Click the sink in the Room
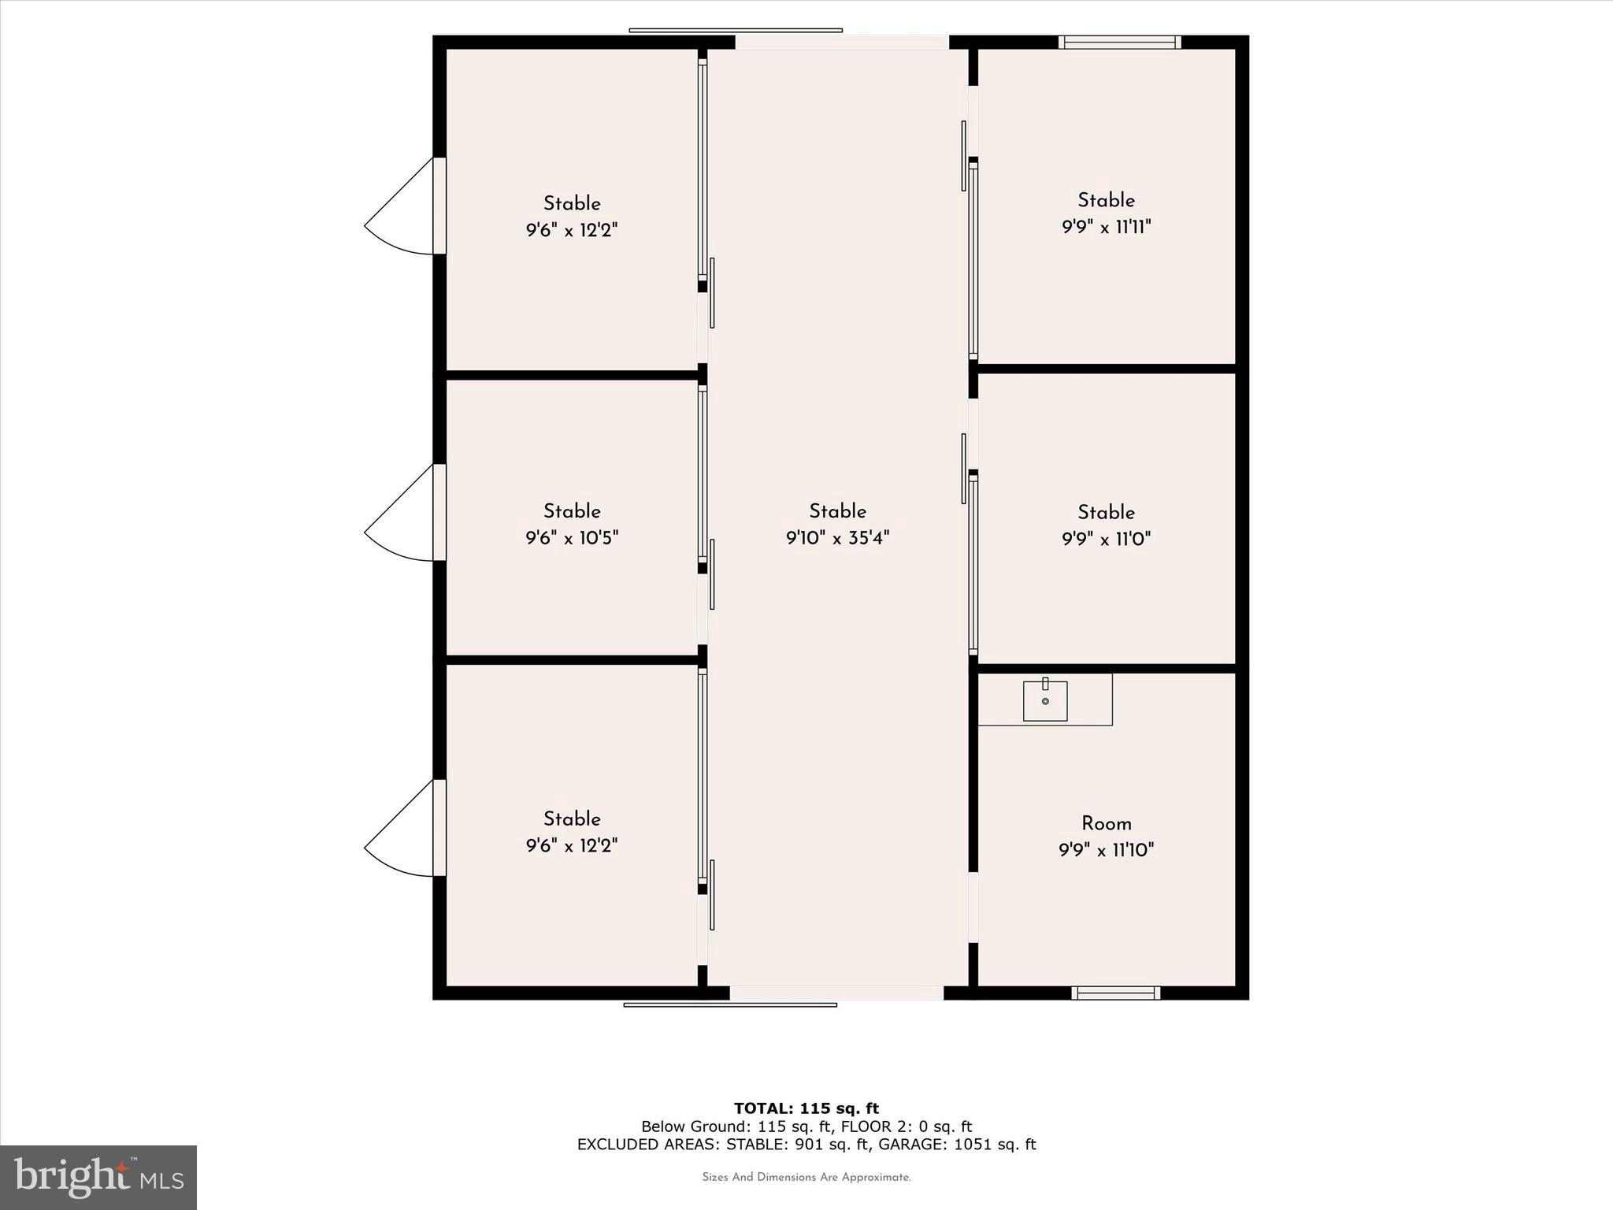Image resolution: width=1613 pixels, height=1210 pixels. click(x=1044, y=700)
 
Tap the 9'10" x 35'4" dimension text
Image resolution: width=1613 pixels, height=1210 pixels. click(x=837, y=538)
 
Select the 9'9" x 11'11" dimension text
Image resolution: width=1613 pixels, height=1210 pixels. click(x=1106, y=228)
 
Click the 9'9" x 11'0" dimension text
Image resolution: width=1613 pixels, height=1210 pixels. click(x=1106, y=540)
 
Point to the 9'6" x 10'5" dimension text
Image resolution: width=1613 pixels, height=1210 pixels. click(x=572, y=538)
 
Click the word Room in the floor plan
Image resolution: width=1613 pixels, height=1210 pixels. click(x=1106, y=823)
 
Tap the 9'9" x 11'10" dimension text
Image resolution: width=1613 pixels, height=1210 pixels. click(x=1106, y=850)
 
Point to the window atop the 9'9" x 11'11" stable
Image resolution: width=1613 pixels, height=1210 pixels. click(x=1119, y=43)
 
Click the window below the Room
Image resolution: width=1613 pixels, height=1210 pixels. click(x=1115, y=993)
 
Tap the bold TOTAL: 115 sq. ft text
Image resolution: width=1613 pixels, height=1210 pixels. click(x=806, y=1108)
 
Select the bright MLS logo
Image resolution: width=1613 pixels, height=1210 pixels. click(x=98, y=1177)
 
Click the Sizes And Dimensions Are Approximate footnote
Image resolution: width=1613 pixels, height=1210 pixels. click(x=806, y=1177)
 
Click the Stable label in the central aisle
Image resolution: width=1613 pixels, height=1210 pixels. click(x=837, y=511)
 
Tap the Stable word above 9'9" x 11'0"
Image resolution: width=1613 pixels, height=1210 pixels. click(x=1106, y=512)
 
